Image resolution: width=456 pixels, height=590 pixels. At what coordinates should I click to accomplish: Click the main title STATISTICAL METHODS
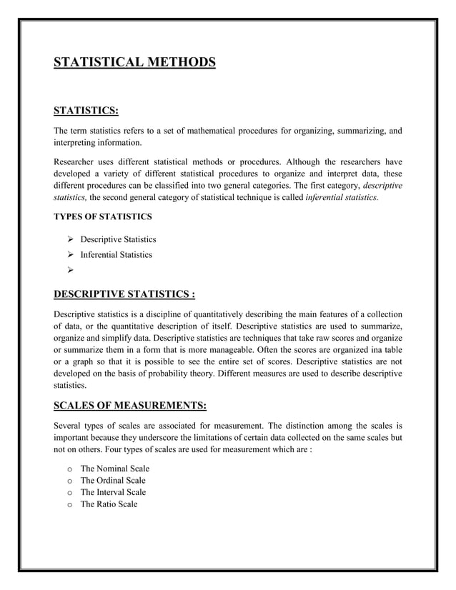pos(134,63)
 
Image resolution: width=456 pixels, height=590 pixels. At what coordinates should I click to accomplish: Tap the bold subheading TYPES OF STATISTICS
pos(102,216)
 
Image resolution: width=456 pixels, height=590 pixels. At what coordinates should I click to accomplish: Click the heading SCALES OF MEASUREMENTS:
pos(130,406)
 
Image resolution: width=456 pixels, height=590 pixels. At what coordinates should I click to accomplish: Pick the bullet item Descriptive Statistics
pos(118,239)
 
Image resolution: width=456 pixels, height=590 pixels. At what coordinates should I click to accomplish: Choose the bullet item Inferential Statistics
pos(116,255)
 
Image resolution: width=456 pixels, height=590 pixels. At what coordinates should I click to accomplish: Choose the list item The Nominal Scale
pos(114,469)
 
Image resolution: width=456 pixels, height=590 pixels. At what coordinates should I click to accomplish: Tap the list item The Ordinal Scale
pos(113,481)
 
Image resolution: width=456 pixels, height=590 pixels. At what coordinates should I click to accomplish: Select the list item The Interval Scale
pos(113,493)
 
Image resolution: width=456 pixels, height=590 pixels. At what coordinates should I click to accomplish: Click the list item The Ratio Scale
pos(109,505)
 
